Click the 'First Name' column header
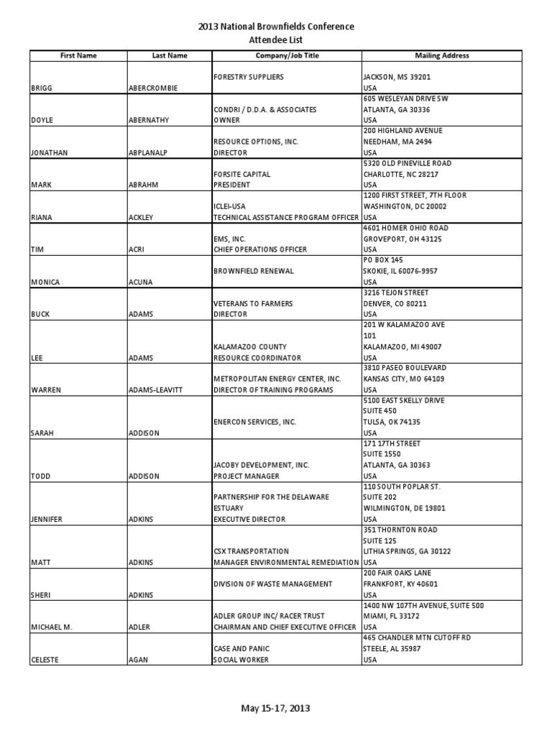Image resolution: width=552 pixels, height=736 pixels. click(78, 55)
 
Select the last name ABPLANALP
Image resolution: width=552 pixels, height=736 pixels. click(150, 152)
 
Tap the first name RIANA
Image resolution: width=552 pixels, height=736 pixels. click(42, 217)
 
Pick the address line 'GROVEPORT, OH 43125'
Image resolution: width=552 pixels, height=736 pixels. click(402, 239)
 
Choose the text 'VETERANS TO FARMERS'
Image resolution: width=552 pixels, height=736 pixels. click(254, 303)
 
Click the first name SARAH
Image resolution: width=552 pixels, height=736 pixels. click(42, 433)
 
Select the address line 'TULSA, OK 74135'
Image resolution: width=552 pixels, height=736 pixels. click(392, 422)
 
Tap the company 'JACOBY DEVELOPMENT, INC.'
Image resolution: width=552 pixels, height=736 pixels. click(262, 465)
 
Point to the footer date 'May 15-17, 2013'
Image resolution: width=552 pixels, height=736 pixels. click(276, 709)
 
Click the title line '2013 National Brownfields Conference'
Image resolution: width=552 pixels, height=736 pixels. click(276, 27)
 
